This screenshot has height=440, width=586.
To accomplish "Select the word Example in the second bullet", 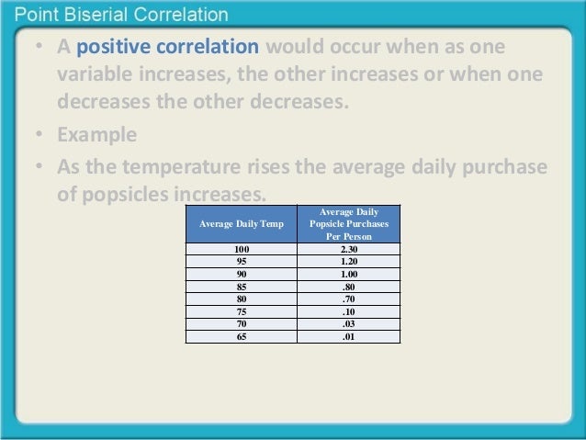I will (x=96, y=134).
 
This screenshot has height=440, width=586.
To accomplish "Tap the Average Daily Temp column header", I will (x=241, y=224).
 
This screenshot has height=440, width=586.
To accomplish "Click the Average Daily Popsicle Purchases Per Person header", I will (x=348, y=224).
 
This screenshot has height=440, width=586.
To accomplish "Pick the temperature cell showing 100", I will (x=241, y=249).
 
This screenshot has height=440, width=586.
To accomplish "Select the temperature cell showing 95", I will (x=241, y=261).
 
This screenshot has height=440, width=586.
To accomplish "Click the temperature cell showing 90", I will (x=241, y=274).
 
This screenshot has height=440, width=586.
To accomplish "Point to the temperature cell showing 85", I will (x=241, y=286).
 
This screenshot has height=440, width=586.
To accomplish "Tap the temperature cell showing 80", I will (x=241, y=299).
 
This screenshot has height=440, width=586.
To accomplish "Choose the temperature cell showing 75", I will (x=241, y=311).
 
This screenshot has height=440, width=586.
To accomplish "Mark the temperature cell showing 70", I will (x=241, y=323).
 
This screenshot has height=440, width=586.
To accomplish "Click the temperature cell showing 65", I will (x=241, y=336).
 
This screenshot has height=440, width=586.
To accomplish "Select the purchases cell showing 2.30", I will (x=348, y=249).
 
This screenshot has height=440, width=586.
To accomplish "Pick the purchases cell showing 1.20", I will (x=348, y=261).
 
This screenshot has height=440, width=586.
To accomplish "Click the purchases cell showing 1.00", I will (x=348, y=274).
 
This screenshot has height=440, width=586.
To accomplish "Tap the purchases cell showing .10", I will (x=348, y=311).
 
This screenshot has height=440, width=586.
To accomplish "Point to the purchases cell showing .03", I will (x=348, y=323).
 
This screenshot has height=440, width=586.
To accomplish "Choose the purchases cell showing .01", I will (x=348, y=336).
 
